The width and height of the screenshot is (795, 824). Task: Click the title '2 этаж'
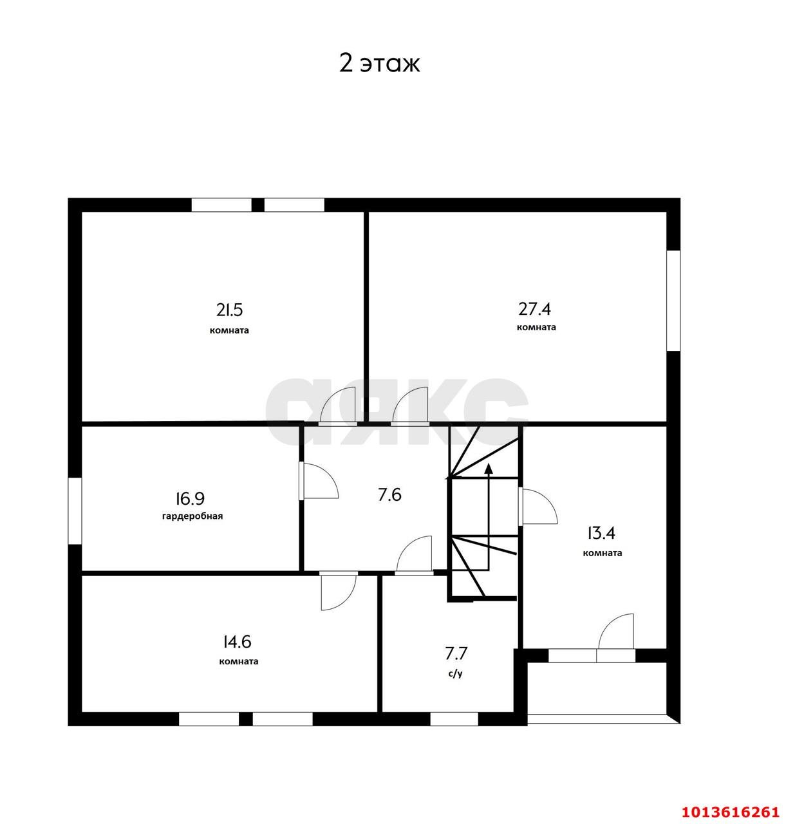click(380, 64)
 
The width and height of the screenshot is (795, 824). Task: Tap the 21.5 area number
click(229, 310)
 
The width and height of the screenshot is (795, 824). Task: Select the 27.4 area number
click(535, 308)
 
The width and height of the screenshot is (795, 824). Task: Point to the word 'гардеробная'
click(192, 516)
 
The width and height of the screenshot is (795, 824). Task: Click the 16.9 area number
click(190, 498)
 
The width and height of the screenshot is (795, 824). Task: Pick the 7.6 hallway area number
click(389, 494)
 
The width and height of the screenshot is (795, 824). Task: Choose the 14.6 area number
click(237, 642)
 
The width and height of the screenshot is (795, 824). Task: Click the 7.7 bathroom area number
click(456, 653)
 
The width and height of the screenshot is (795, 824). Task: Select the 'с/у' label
click(455, 673)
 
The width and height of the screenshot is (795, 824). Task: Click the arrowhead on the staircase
click(489, 469)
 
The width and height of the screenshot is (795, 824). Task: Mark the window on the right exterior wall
click(673, 300)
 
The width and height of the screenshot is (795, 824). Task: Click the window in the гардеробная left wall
click(75, 511)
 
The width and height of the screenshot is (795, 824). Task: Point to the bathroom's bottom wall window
click(454, 719)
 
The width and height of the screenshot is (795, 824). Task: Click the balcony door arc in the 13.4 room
click(617, 632)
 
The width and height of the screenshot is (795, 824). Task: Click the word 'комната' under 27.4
click(536, 327)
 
